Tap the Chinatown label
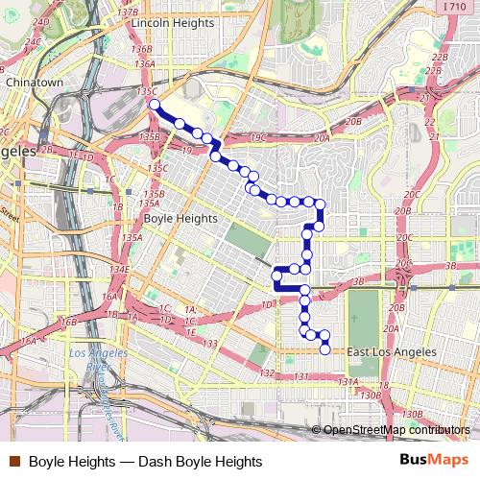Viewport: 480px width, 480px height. [34, 84]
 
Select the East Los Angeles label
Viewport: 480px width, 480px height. [392, 352]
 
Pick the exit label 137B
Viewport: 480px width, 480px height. [128, 11]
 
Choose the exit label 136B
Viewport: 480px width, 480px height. [142, 49]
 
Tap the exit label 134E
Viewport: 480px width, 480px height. [119, 271]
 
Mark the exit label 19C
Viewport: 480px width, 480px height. [257, 138]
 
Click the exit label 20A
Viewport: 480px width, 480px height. [321, 138]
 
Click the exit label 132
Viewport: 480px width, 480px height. [267, 372]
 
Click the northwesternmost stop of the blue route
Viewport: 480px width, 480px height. [155, 105]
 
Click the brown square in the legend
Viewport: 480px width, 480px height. [14, 462]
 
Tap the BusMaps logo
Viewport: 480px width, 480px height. [434, 461]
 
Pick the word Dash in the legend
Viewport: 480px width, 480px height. [156, 462]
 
